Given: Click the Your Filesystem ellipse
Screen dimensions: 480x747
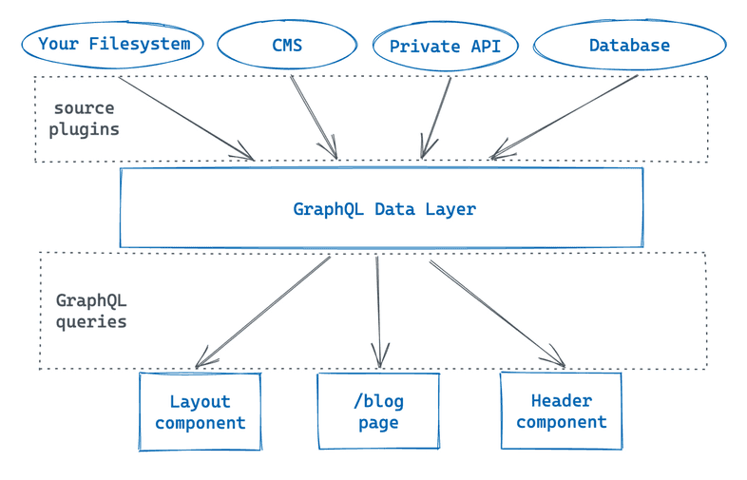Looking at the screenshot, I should (113, 44).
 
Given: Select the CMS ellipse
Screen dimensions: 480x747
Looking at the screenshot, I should (287, 45).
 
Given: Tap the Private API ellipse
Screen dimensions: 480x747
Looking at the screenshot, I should (446, 46).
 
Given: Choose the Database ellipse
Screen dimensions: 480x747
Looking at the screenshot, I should (629, 45).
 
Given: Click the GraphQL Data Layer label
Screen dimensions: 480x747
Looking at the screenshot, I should (384, 209).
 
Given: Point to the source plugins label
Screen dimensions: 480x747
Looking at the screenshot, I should (85, 119).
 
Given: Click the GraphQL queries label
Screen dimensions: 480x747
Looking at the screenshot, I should (91, 312).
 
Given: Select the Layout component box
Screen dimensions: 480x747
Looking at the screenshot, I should (200, 412).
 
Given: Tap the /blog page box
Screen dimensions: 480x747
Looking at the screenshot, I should (378, 412).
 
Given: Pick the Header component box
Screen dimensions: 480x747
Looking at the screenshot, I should (561, 412).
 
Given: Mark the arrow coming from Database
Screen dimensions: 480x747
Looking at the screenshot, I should (565, 117).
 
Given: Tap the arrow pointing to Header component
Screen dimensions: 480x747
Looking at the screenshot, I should (497, 312).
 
